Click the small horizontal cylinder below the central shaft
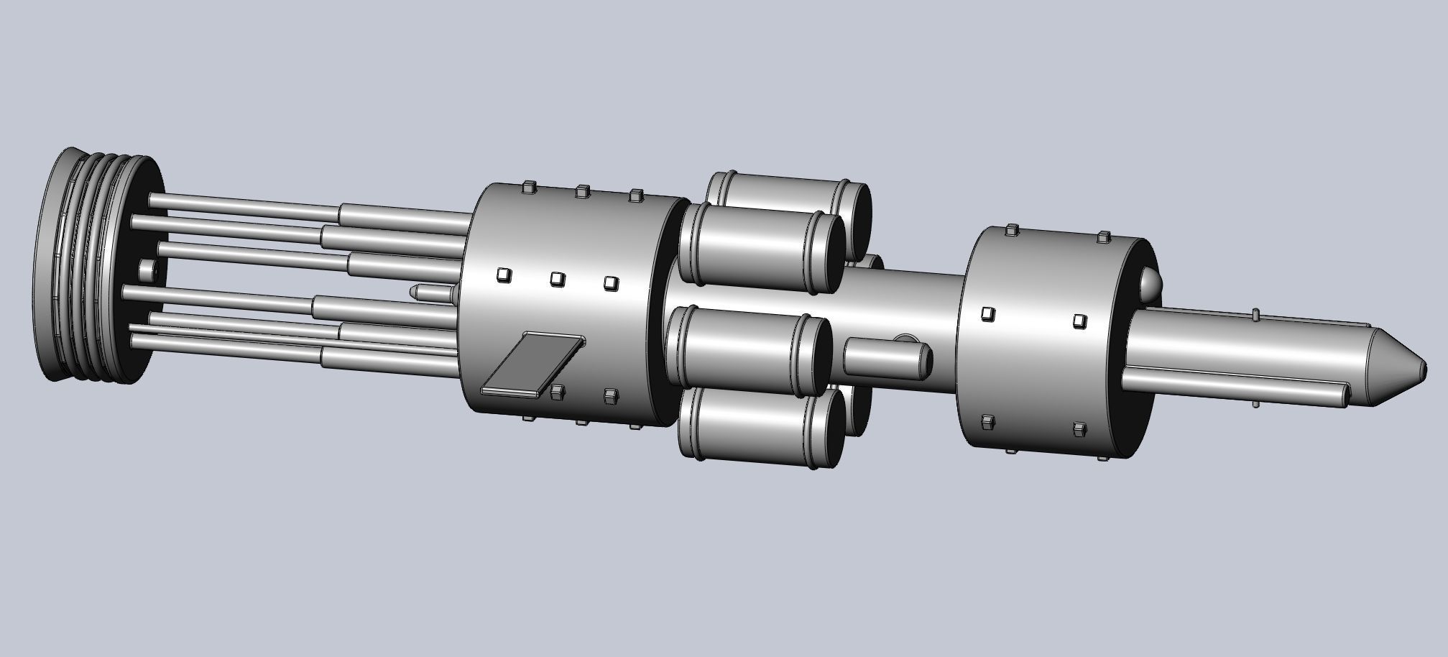(x=885, y=357)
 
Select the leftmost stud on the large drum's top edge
(x=529, y=188)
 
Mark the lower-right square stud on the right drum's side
(x=1078, y=429)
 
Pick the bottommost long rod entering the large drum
(x=388, y=357)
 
